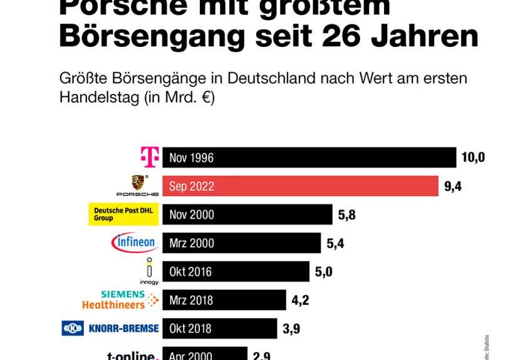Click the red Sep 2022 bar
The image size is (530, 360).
click(x=300, y=186)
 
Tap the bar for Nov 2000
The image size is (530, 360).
click(x=247, y=215)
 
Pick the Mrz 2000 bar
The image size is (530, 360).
click(x=241, y=243)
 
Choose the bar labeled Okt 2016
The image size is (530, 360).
click(x=236, y=272)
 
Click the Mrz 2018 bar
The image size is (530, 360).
click(x=224, y=300)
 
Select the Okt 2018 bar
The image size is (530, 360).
click(x=219, y=328)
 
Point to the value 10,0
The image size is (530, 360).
click(x=473, y=157)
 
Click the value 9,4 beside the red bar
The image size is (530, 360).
click(x=452, y=186)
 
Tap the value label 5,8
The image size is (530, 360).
click(x=347, y=215)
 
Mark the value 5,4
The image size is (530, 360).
click(x=336, y=243)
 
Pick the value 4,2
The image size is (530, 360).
click(x=300, y=300)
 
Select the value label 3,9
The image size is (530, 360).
click(x=291, y=328)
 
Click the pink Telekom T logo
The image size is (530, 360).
click(x=150, y=157)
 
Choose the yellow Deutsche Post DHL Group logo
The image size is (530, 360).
click(x=123, y=214)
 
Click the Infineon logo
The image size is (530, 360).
click(x=134, y=243)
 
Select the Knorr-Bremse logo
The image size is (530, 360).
click(x=110, y=328)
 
